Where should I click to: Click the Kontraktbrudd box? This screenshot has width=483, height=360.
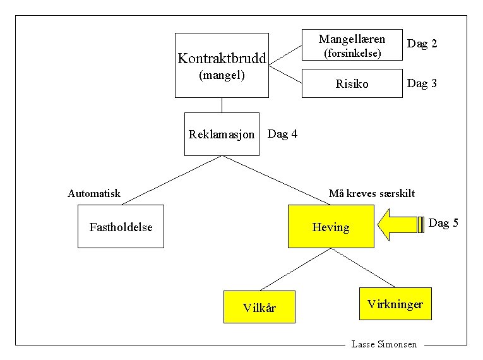pos(222,66)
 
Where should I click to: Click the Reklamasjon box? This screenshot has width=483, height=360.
pos(222,134)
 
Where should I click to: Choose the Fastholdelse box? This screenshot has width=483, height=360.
pos(121,227)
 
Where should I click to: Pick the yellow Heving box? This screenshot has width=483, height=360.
pos(330,227)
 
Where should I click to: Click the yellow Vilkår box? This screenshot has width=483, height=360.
pos(259,308)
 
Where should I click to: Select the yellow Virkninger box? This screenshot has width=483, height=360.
pos(395,304)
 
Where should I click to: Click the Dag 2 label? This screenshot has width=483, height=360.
pos(422,44)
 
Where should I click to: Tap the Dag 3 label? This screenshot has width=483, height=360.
pos(422,83)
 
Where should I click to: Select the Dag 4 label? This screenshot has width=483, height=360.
pos(282,134)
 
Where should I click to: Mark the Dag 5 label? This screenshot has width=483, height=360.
pos(443,223)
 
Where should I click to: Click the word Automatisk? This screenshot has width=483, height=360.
pos(94,193)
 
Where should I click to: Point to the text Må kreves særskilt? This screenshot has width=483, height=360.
pos(372,193)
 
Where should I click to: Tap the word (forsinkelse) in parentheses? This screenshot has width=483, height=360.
pos(352,54)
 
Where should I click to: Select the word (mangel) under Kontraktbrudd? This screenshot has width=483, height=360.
pos(222,75)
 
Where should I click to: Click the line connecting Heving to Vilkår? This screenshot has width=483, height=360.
pos(295,270)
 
